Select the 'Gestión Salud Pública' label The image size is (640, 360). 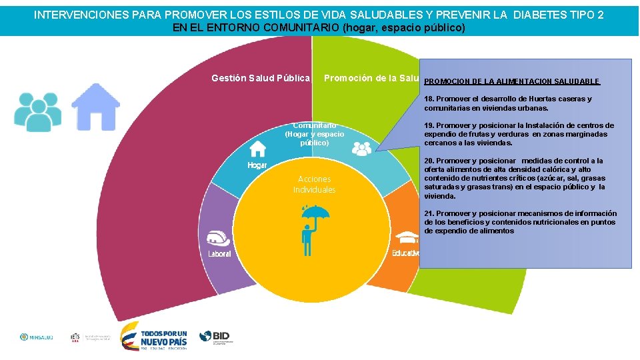tap(261, 78)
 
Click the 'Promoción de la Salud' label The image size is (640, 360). tap(371, 78)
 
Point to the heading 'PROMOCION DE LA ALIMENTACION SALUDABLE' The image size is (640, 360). tap(511, 81)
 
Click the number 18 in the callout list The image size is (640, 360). tap(429, 99)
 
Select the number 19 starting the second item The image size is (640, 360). tap(429, 125)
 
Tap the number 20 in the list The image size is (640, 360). tap(429, 161)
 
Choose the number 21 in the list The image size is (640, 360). tap(429, 213)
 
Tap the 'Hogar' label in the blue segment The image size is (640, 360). tap(257, 165)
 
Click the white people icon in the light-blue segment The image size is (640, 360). tap(361, 149)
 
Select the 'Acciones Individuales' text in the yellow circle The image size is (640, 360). tap(314, 185)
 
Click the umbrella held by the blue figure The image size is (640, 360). tap(315, 215)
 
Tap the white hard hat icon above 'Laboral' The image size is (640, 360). tap(219, 238)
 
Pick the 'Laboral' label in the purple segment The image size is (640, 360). tap(219, 254)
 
